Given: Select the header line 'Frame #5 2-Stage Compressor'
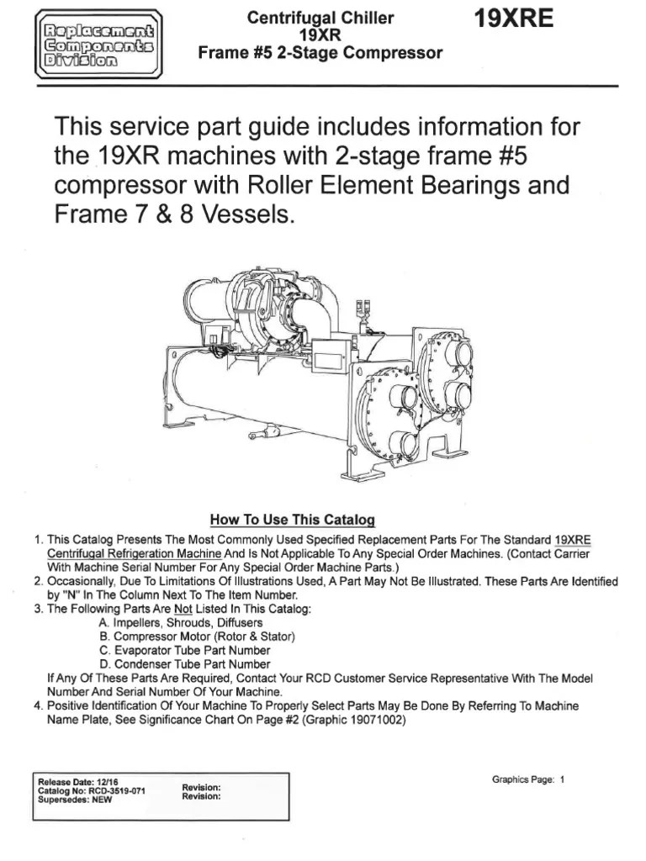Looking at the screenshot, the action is click(320, 53).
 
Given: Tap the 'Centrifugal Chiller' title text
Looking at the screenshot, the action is click(320, 18).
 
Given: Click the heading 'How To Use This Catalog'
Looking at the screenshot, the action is click(292, 520).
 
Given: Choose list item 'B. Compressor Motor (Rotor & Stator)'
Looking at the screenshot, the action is click(197, 637).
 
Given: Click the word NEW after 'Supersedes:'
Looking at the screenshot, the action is click(101, 800).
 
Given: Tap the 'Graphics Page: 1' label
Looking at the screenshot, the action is click(527, 779).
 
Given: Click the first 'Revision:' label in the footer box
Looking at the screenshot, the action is click(202, 787).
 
